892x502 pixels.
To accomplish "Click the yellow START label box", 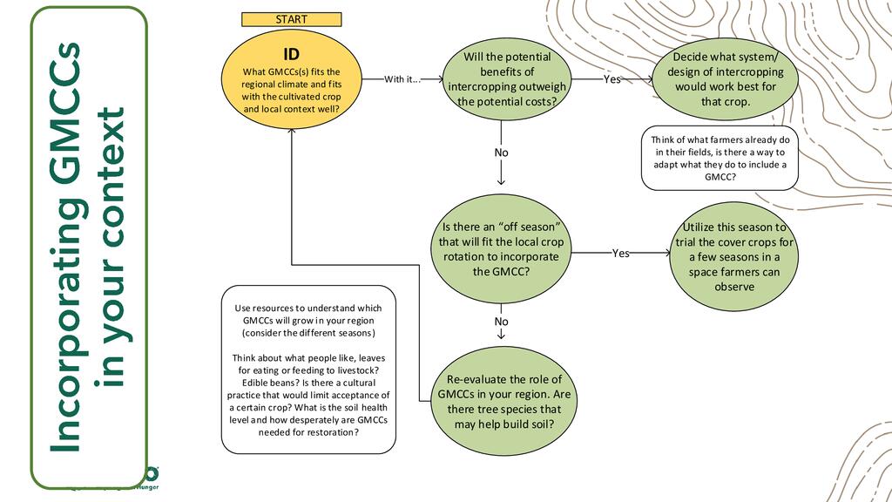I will tap(291, 19).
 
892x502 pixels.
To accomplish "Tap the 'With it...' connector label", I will tap(402, 79).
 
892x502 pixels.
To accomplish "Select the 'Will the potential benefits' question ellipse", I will tap(507, 79).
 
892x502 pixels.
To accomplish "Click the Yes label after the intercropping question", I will tap(612, 79).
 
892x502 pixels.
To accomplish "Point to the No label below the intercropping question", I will tap(501, 153).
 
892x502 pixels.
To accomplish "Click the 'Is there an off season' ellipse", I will tap(501, 249).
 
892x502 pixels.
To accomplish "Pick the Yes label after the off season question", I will tap(620, 254).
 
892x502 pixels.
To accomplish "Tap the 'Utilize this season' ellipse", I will tap(734, 256).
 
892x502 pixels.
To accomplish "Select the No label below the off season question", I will tap(501, 322).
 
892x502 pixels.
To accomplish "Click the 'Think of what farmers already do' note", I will tap(720, 158).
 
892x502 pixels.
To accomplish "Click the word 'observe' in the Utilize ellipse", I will tap(734, 287).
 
